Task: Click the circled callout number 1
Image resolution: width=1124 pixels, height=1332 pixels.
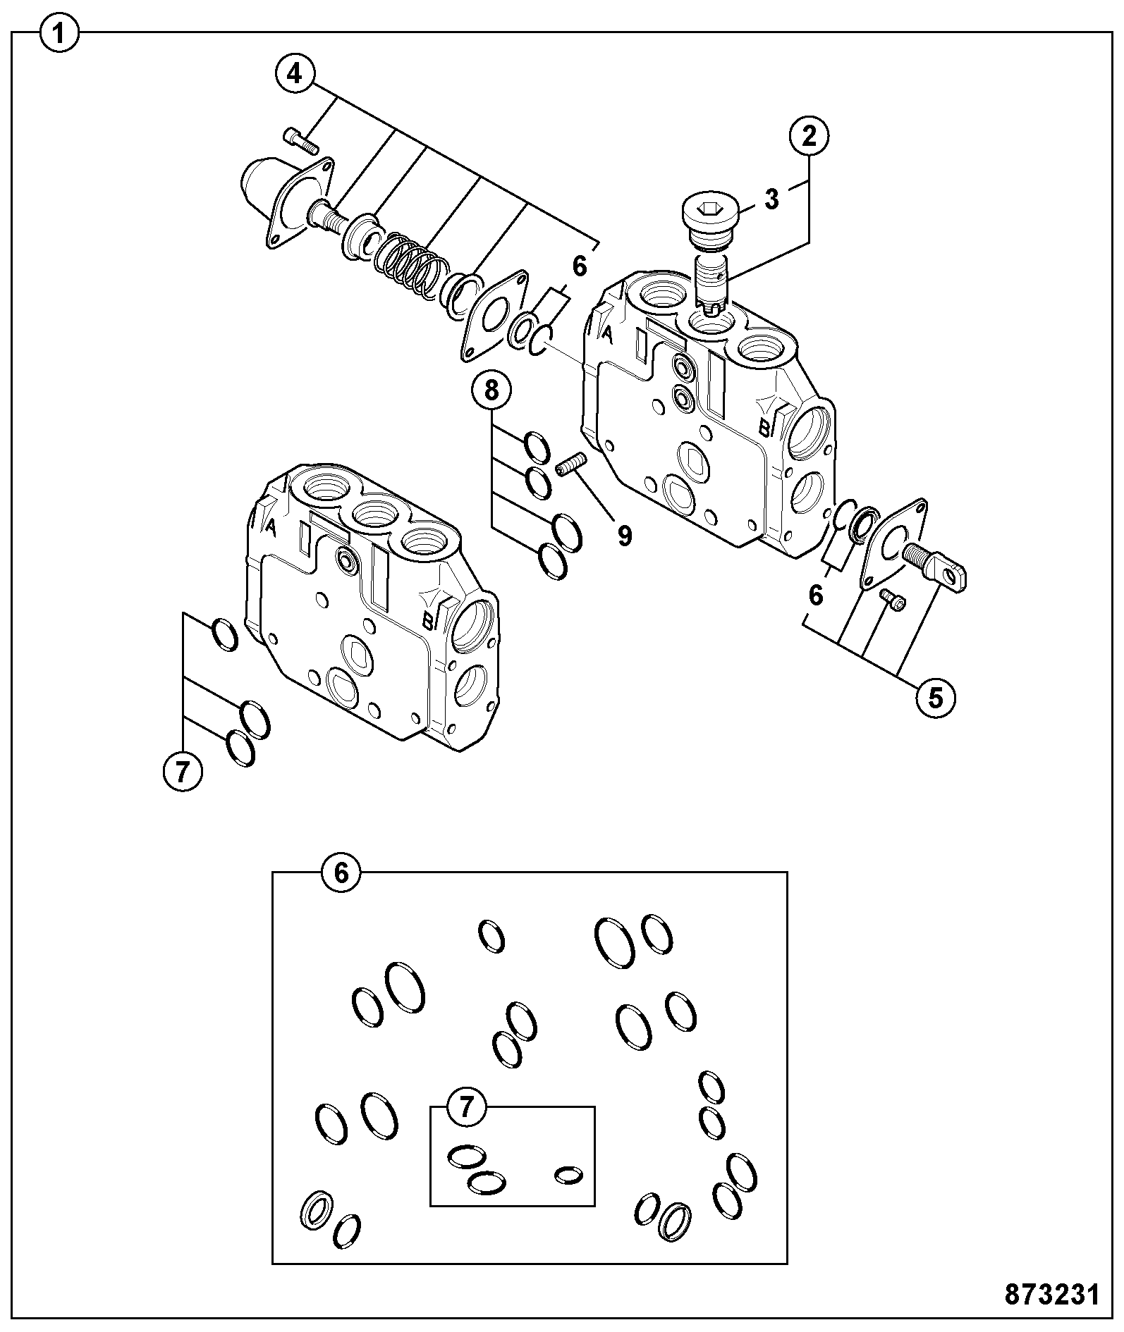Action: click(x=60, y=33)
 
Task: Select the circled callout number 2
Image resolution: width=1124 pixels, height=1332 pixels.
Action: click(x=809, y=135)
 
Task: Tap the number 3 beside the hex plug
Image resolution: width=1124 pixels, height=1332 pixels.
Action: click(x=772, y=199)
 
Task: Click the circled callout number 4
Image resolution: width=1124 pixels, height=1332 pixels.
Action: click(x=295, y=73)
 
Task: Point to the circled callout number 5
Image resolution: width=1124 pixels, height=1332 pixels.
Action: click(x=935, y=698)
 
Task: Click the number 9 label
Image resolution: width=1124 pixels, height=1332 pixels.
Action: click(x=624, y=536)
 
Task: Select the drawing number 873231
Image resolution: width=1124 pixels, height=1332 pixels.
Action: click(x=1051, y=1294)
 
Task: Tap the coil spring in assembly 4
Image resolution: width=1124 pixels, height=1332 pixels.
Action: click(x=409, y=267)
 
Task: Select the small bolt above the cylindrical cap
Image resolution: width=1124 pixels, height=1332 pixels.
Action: click(x=300, y=139)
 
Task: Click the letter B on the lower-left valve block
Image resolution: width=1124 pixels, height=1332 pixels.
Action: click(x=427, y=622)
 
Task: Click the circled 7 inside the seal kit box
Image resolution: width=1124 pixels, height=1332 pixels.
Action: click(x=468, y=1107)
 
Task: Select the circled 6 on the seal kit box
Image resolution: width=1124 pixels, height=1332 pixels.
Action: click(x=341, y=873)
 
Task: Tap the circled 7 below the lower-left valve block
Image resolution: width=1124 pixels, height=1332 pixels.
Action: click(x=183, y=773)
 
